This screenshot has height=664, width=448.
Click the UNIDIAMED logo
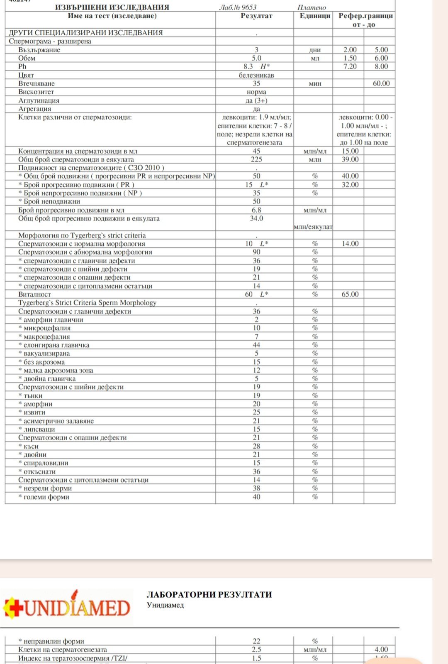coord(68,607)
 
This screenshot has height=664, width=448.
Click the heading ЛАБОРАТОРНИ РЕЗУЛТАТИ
coord(209,594)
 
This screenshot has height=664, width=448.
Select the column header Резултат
coord(256,16)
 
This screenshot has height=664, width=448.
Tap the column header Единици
coord(315,16)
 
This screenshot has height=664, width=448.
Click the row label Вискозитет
coord(36,92)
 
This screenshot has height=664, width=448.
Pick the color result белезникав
coord(256,75)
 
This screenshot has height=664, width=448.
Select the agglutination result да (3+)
coord(256,100)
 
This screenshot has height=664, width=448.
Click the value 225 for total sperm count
coord(256,159)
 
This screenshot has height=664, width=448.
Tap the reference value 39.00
coord(350,159)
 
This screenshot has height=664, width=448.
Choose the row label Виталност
coord(34,294)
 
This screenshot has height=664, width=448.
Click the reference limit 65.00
coord(350,294)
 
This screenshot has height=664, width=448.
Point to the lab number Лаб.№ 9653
coord(238,7)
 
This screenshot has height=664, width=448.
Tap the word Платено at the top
coord(312,7)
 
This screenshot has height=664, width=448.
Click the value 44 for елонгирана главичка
coord(256,345)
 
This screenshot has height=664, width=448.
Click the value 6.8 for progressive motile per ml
coord(256,210)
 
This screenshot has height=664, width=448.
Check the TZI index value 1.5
coord(256,658)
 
